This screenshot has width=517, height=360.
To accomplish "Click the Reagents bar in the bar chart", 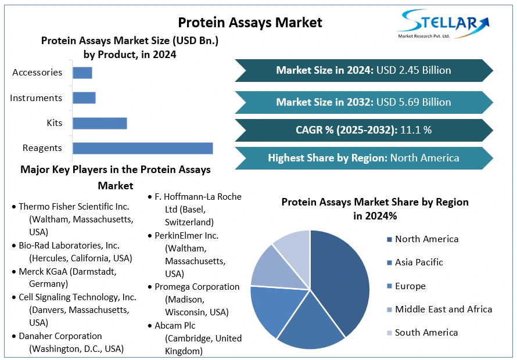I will point(142,148).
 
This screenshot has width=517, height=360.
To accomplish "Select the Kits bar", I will point(99,123).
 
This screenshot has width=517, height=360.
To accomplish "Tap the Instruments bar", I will point(84,98).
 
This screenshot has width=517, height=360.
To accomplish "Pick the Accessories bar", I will point(82,73).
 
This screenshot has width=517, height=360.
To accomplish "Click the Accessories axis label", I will point(37,73).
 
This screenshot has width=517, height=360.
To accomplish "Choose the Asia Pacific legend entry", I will point(418,262).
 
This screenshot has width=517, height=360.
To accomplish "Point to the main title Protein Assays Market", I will point(250,23).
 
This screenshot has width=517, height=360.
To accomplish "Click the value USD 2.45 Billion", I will point(414,70).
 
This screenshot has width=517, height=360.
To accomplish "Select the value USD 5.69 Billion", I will point(414,102).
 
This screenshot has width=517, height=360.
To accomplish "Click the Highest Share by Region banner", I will point(364,158).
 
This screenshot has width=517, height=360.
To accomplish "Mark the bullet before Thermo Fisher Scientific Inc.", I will point(13,207).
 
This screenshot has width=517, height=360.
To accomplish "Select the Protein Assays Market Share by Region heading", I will point(375,208).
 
